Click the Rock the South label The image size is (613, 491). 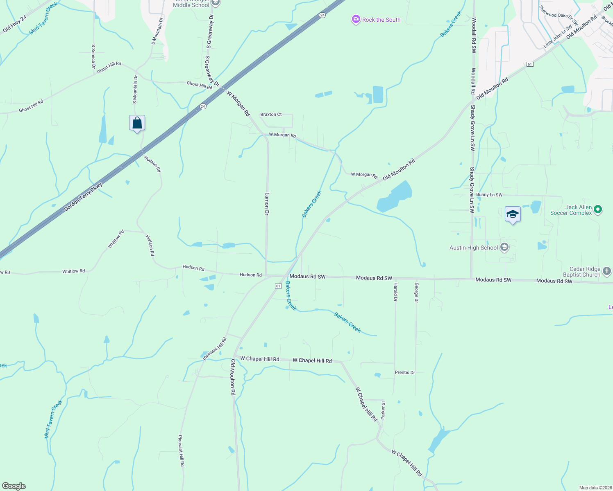coord(381,20)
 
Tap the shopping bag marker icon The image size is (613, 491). coord(137,123)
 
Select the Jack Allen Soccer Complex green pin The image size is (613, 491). coord(598,210)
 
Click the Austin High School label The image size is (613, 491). coord(473,248)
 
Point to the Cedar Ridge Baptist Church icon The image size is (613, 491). coord(607,271)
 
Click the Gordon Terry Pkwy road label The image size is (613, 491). coord(83,197)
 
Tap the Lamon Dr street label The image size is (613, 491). coord(267,204)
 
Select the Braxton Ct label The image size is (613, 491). coord(271,115)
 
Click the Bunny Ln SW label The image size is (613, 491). coord(489,195)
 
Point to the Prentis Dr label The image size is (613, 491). coord(405,372)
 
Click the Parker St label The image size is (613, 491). coord(383,410)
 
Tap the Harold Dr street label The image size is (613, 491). coord(395,292)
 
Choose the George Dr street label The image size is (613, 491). coord(416,293)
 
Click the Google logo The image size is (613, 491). coord(14,486)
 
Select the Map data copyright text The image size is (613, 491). coord(594,488)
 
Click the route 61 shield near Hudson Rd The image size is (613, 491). coord(278,286)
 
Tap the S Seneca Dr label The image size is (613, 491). coord(93,56)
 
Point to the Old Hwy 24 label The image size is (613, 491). coord(15,24)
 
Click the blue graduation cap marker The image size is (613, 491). coord(513,214)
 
